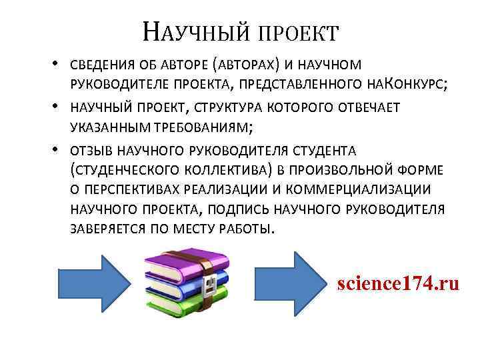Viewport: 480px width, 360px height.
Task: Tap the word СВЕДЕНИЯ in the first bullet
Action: (102, 65)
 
